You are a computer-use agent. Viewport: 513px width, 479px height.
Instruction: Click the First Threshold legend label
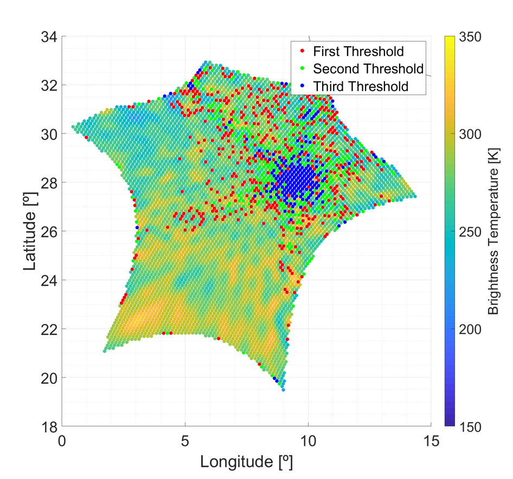(358, 52)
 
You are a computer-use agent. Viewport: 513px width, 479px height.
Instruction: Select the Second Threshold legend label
(368, 69)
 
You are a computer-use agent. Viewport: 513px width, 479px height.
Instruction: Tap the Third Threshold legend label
(361, 86)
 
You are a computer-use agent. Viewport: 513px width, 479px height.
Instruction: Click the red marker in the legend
(302, 52)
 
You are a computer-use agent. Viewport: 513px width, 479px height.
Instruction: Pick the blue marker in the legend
(302, 86)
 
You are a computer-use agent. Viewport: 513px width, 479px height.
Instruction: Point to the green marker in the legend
(302, 69)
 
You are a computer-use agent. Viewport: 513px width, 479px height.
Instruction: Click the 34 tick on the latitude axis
(50, 37)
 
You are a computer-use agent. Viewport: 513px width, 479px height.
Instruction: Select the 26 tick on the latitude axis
(50, 231)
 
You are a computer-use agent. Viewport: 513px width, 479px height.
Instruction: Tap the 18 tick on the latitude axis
(50, 426)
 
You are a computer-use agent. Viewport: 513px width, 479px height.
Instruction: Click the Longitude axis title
(246, 462)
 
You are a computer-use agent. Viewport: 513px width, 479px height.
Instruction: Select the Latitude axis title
(31, 231)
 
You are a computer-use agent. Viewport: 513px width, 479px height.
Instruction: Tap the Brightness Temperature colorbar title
(494, 231)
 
